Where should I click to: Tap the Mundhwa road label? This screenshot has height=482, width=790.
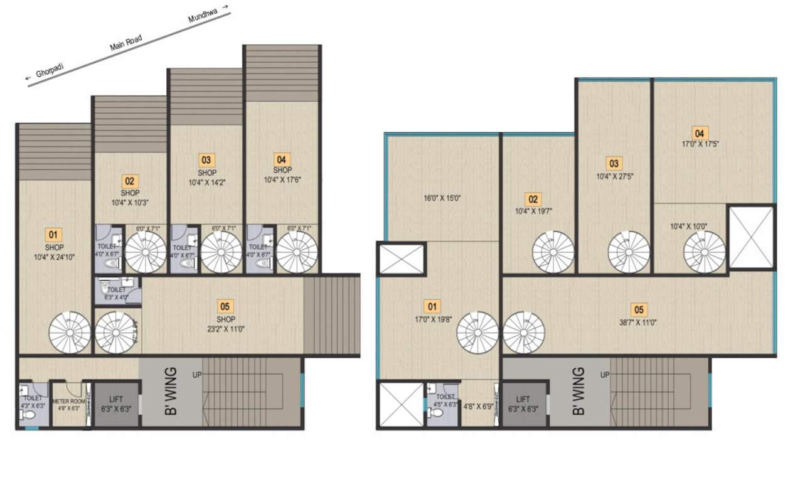205,14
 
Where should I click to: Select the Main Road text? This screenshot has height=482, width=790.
126,43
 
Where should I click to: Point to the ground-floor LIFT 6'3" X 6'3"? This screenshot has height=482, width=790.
115,403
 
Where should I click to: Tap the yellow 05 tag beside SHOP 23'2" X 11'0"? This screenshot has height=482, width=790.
225,306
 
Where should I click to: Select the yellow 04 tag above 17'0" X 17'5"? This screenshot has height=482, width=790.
699,133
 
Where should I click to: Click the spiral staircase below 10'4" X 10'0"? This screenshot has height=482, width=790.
704,252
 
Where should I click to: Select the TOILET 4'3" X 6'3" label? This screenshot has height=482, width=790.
33,402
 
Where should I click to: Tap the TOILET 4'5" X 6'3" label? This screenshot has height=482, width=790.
444,401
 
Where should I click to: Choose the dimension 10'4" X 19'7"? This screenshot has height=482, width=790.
533,212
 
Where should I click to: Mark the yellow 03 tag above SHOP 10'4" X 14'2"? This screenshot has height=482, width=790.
206,160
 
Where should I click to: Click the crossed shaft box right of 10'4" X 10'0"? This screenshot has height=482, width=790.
751,236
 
